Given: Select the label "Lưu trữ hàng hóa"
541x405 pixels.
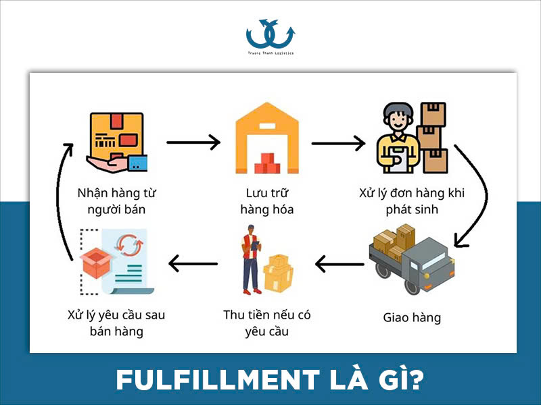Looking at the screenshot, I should (266, 201).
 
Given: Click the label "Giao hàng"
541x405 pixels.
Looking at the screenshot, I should (412, 317).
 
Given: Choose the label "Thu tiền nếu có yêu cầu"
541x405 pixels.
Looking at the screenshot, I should (266, 323).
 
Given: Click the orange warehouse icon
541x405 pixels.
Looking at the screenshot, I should (266, 139).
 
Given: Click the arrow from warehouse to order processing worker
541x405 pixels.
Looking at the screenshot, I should (338, 143).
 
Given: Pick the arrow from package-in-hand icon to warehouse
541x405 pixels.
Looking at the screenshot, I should (193, 142).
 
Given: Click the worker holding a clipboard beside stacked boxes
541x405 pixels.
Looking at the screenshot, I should (398, 139).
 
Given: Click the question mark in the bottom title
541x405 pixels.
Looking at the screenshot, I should (417, 380).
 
